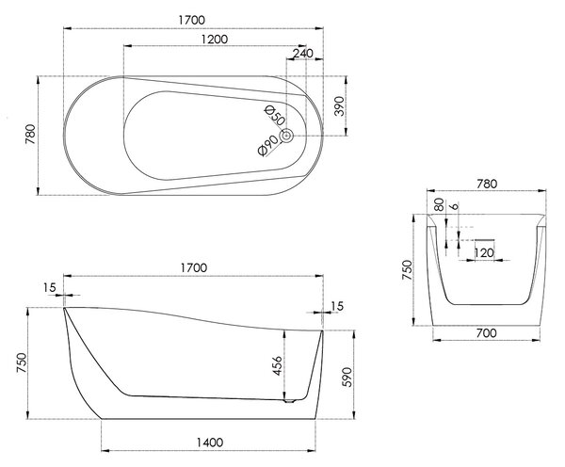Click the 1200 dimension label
(215, 39)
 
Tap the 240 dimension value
(302, 54)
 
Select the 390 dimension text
(339, 106)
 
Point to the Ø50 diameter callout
(275, 115)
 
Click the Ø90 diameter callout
(268, 146)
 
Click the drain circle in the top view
(286, 136)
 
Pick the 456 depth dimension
(277, 365)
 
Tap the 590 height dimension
(347, 377)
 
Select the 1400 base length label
(210, 442)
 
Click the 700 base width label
(486, 333)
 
